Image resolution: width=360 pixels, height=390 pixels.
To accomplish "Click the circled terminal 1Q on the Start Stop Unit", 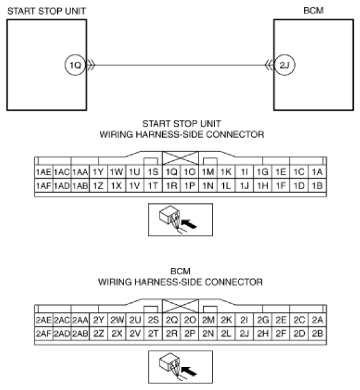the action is pos(75,65).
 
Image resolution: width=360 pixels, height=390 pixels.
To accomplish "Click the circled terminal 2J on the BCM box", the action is pos(285,65).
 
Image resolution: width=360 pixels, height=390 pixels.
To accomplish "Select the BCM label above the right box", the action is pos(314,11).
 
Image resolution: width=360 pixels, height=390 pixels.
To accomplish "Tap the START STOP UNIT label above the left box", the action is pos(46,11).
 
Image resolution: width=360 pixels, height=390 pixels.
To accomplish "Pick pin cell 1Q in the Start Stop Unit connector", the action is pos(171,172).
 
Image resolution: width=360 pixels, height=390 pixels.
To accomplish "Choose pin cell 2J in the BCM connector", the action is pos(244,333).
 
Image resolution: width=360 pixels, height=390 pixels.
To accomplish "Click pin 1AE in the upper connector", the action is pos(44,172).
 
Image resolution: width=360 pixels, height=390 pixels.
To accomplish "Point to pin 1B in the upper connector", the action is pos(317,186).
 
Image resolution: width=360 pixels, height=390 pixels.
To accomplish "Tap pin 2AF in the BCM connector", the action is pos(44,333).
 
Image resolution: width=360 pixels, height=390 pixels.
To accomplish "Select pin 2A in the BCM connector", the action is pos(317,320).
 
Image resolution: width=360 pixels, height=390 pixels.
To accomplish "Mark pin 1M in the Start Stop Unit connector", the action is pos(208,172).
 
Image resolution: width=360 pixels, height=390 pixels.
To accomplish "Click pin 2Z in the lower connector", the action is pos(99,333).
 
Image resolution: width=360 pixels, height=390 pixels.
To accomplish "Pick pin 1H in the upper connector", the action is pos(263,186).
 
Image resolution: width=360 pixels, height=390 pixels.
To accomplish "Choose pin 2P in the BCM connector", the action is pos(190,333).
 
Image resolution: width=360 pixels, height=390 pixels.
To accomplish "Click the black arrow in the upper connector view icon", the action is pos(189,223).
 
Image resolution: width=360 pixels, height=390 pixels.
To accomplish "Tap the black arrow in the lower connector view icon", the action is pos(189,371).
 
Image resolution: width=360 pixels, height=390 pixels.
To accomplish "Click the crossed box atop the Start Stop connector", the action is pos(181,158).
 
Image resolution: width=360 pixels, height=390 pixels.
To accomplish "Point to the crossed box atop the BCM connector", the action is pos(181,305).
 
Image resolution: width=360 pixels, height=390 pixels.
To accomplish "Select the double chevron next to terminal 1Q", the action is pos(91,65).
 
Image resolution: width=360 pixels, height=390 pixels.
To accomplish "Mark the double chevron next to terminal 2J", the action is pos(269,65).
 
